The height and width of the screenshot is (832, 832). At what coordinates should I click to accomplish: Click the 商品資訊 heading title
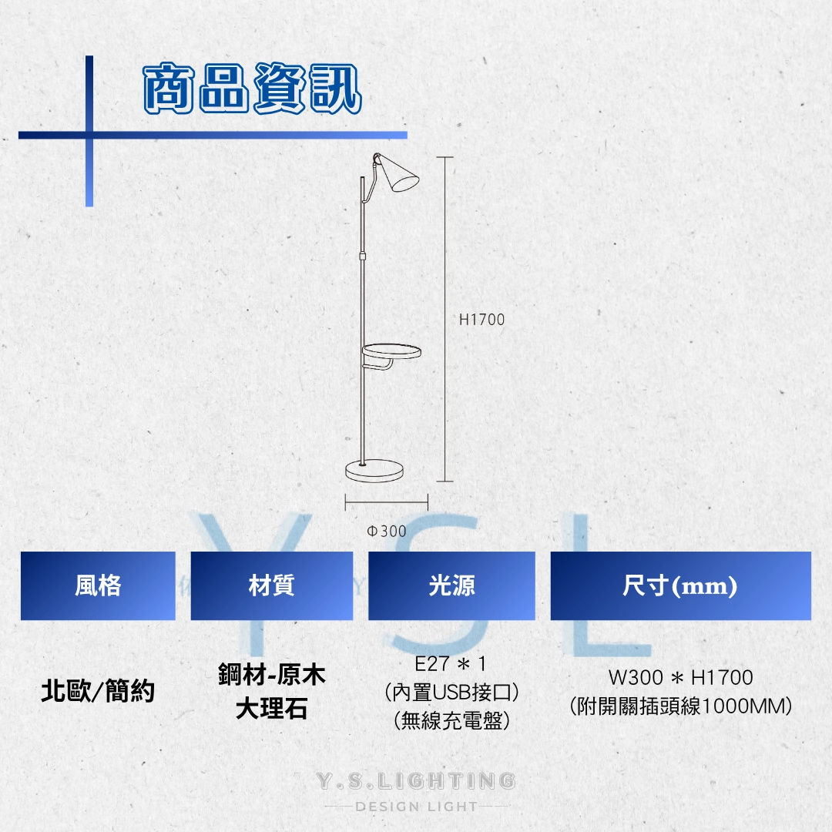point(252,90)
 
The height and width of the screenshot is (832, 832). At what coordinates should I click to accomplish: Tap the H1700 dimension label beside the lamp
point(481,320)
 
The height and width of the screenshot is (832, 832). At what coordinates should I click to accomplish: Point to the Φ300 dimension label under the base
point(387,532)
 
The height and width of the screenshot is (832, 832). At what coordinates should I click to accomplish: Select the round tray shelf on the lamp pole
point(391,352)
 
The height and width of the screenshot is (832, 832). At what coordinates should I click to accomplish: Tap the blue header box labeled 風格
point(98,586)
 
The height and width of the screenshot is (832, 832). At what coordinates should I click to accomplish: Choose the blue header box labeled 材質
point(271,586)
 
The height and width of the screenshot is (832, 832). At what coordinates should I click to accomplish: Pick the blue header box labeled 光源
point(451,586)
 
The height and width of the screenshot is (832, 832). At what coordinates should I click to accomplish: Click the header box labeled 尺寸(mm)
point(680,586)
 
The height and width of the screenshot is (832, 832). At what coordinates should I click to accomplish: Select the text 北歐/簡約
point(98,692)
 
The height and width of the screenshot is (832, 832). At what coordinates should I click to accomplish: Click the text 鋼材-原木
point(271,676)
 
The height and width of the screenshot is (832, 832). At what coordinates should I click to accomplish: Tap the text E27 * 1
point(451,664)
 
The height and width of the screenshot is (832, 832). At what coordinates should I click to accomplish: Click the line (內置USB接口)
point(451,692)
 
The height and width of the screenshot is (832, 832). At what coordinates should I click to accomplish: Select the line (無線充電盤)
point(451,720)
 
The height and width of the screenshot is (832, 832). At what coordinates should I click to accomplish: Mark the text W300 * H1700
point(680,678)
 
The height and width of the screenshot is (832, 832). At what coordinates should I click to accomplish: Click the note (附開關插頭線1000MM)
point(680,706)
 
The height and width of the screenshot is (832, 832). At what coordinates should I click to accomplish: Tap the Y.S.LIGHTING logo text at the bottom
point(416,781)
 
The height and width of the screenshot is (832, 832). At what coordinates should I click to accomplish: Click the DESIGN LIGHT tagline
point(416,807)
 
